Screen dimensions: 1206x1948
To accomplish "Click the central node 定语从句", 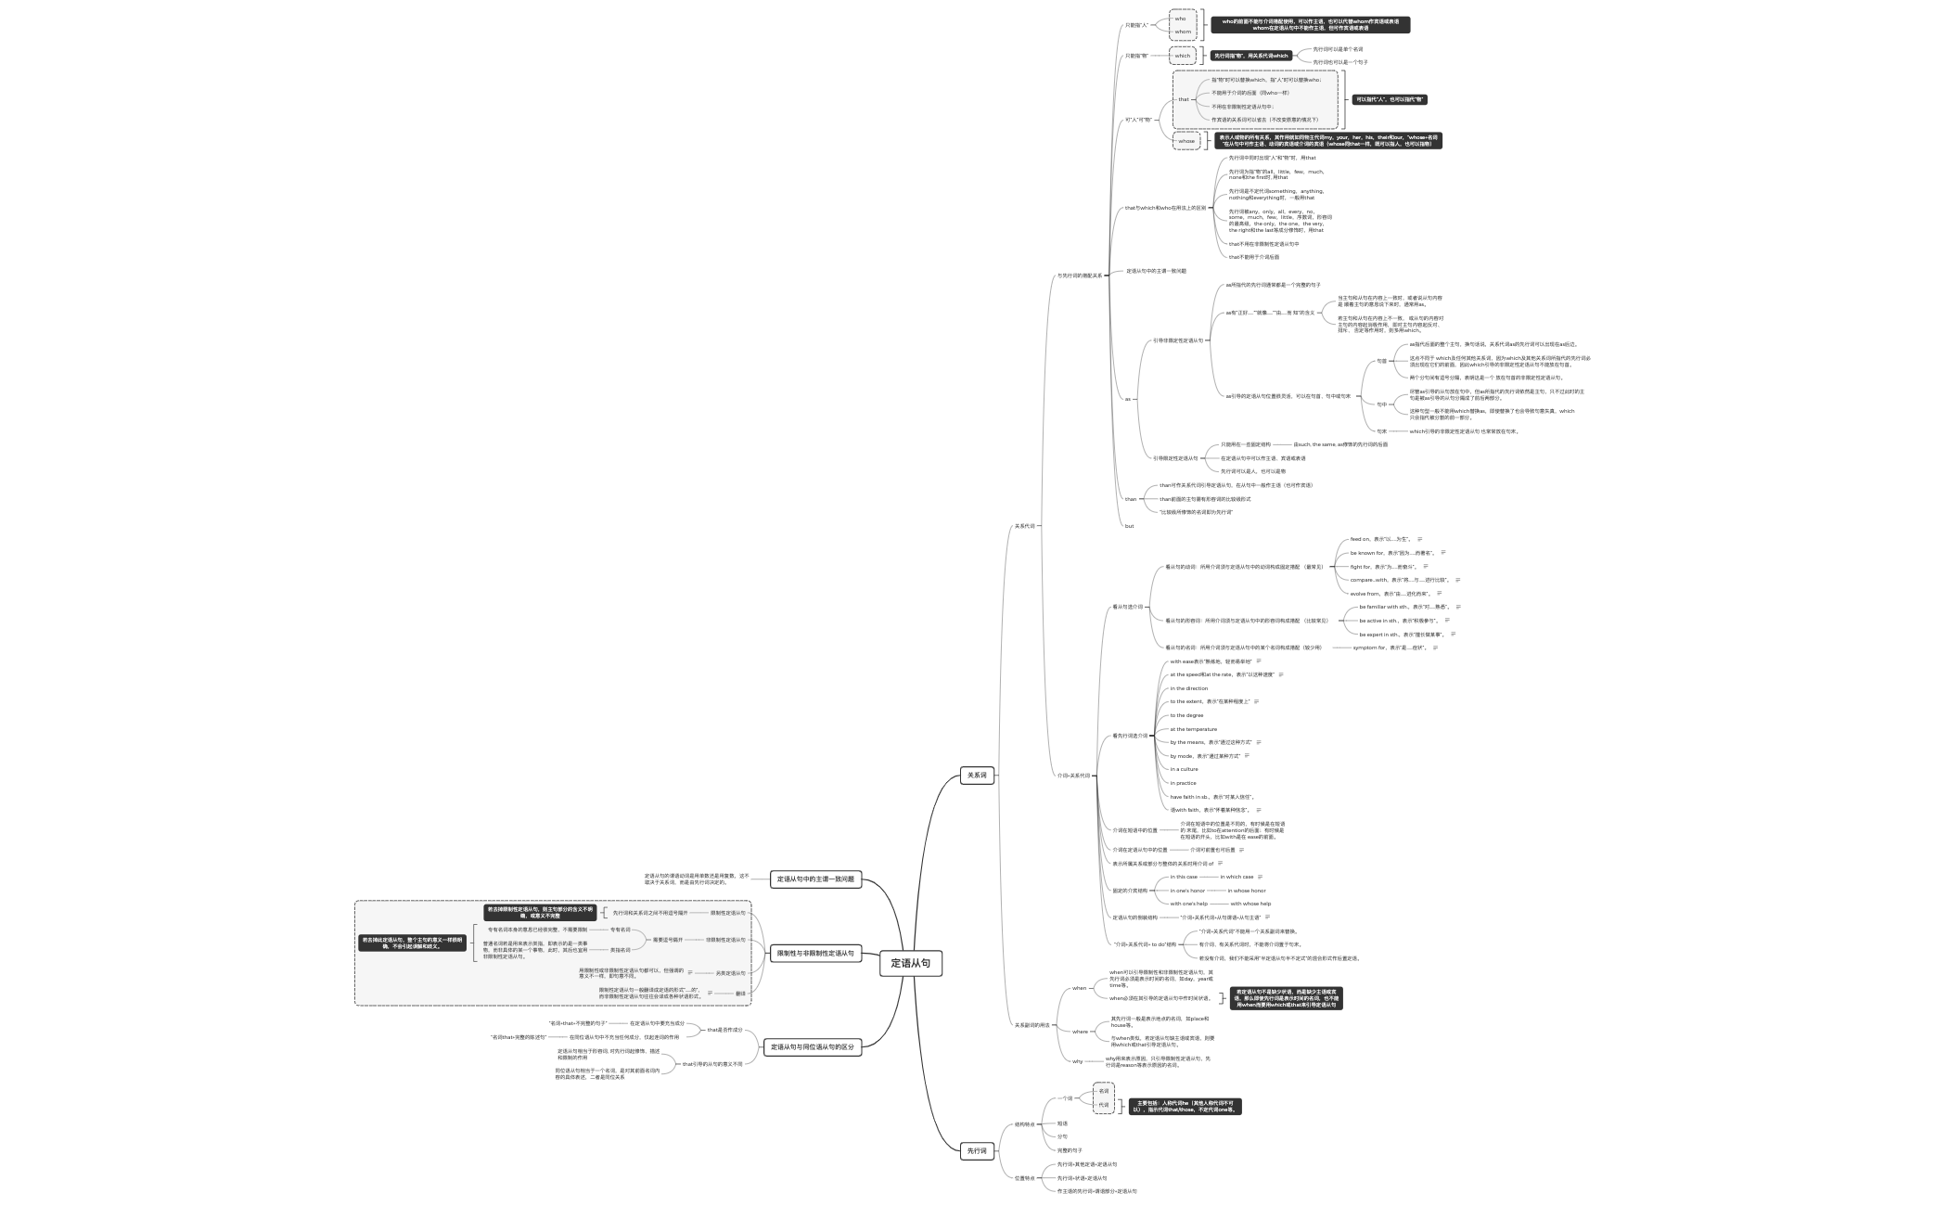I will (911, 964).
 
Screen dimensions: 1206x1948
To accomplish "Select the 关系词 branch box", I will (977, 775).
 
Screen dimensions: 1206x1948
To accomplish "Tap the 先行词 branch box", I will (977, 1151).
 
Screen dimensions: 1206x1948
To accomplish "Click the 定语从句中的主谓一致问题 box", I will (815, 879).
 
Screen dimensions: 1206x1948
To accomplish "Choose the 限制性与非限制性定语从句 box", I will (815, 954).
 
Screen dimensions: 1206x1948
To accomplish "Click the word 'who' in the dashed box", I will (1180, 19).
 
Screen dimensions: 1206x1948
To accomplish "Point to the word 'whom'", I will (1183, 32).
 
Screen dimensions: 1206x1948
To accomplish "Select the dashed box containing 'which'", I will (1183, 56).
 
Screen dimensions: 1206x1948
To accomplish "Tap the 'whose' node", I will (1186, 141).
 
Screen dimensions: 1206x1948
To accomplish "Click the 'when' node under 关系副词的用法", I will (1079, 988).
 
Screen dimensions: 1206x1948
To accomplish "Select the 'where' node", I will (1080, 1032).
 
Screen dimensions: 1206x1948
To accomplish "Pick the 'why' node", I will (1077, 1061).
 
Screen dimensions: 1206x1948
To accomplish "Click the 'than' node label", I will (1130, 499).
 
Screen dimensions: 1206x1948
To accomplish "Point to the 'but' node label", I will (1129, 526).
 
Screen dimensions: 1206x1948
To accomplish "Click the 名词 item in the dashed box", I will (1103, 1091).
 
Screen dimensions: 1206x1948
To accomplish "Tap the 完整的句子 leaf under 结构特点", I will (1070, 1150).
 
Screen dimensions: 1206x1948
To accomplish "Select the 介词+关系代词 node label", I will (1073, 776).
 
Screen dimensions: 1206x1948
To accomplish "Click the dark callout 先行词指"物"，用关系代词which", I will (1251, 56).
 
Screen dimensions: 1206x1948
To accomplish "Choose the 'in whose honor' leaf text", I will (1247, 891).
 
